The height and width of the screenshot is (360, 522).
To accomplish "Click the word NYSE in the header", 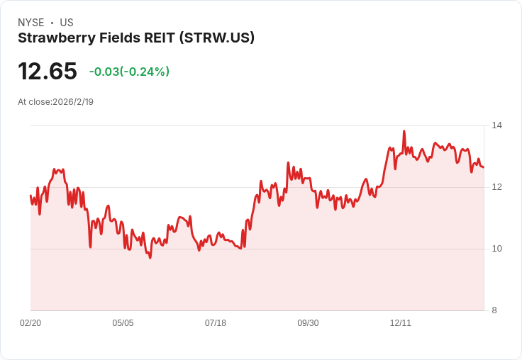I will [x=30, y=23].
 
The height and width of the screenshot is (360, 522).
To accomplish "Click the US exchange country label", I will [x=67, y=23].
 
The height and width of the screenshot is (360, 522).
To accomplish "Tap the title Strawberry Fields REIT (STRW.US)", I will [x=136, y=38].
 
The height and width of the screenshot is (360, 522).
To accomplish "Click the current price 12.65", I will [x=48, y=72].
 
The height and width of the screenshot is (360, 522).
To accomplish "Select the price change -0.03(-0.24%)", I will [x=129, y=72].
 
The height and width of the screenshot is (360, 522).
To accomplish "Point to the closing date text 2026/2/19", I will [x=73, y=101].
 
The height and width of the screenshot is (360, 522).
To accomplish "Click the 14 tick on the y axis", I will [x=497, y=125].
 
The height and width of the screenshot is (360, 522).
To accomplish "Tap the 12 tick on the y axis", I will [x=497, y=187].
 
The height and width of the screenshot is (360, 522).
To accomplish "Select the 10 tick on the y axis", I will [x=497, y=249].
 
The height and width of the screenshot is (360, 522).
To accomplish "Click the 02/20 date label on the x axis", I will [x=30, y=323].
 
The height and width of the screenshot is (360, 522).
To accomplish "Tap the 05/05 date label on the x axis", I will [x=123, y=323].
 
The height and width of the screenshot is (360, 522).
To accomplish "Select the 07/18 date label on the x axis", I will [x=216, y=323].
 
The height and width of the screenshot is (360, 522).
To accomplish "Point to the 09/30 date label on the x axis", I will [x=308, y=323].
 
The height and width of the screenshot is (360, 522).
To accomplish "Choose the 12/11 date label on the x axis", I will [x=401, y=323].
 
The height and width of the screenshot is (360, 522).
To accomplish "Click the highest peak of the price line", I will [x=404, y=131].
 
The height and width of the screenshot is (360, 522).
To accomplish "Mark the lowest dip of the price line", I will [x=150, y=257].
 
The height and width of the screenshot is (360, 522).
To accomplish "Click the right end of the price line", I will [x=484, y=167].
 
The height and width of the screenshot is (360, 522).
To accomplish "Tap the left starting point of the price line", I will [x=30, y=196].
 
